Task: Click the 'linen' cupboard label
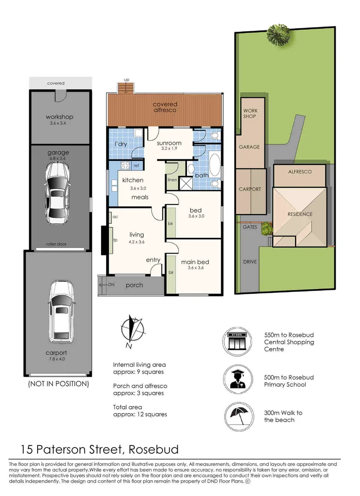coord(172,180)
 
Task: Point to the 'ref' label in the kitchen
coord(136,165)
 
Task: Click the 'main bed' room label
coord(195,262)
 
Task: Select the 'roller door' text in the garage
coord(56,244)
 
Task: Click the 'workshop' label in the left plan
coord(59,117)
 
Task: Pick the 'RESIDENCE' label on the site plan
coord(300,214)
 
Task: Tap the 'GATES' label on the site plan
coord(249,227)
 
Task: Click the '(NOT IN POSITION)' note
coord(58,383)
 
